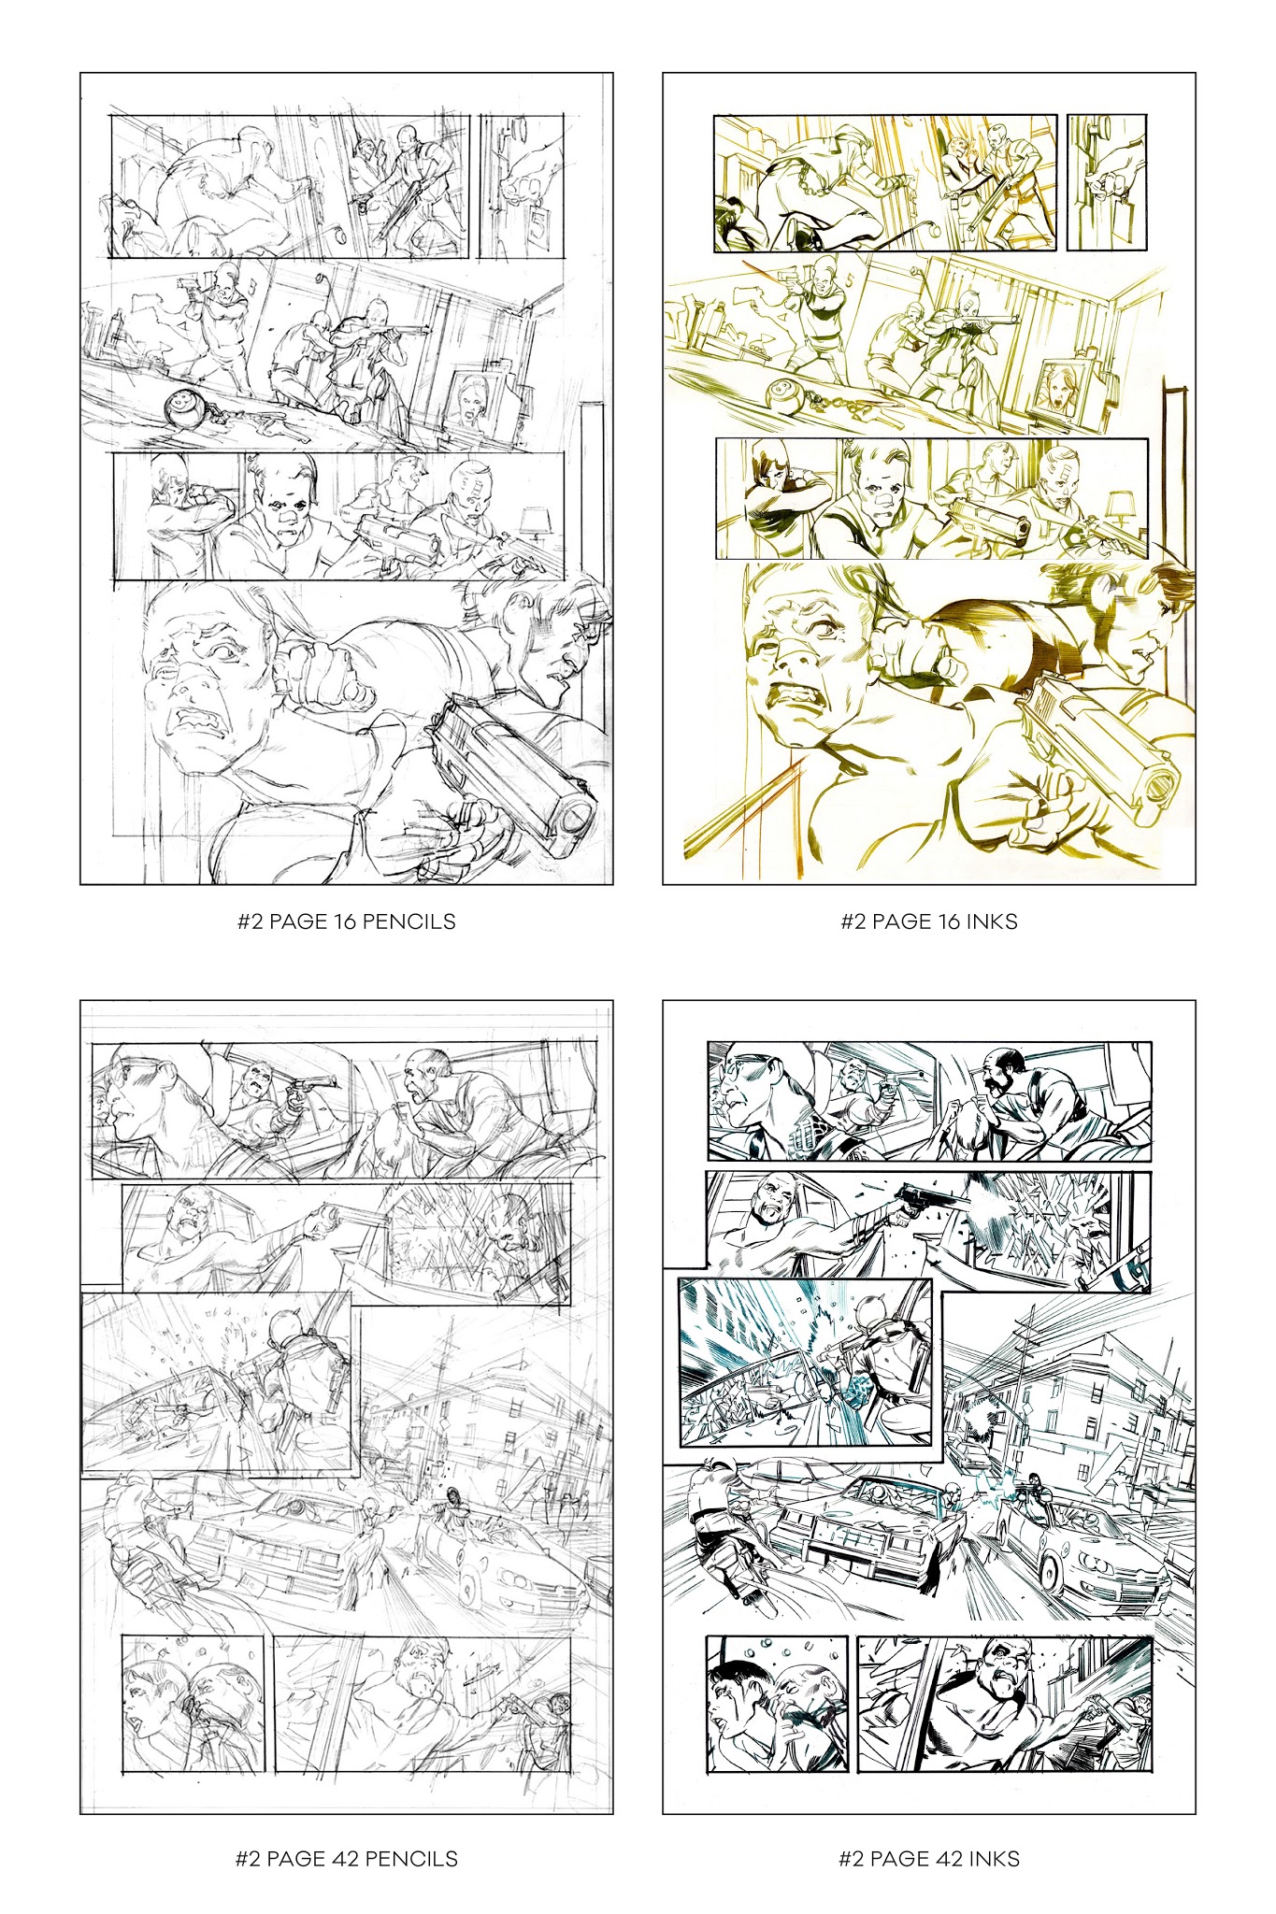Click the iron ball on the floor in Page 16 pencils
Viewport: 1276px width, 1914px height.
[x=179, y=408]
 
